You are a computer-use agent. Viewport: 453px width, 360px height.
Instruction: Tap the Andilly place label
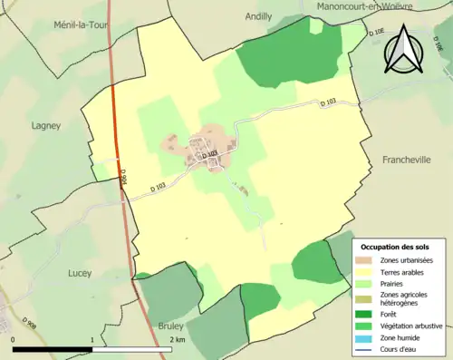[258, 15]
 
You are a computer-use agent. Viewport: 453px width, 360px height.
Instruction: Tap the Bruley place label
[170, 325]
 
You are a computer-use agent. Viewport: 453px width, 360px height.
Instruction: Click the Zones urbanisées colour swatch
[368, 260]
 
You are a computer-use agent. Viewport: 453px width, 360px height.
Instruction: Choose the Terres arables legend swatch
[368, 272]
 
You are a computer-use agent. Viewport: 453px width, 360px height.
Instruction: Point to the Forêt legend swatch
[368, 313]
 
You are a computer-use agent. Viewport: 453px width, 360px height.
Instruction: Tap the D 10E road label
[376, 33]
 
